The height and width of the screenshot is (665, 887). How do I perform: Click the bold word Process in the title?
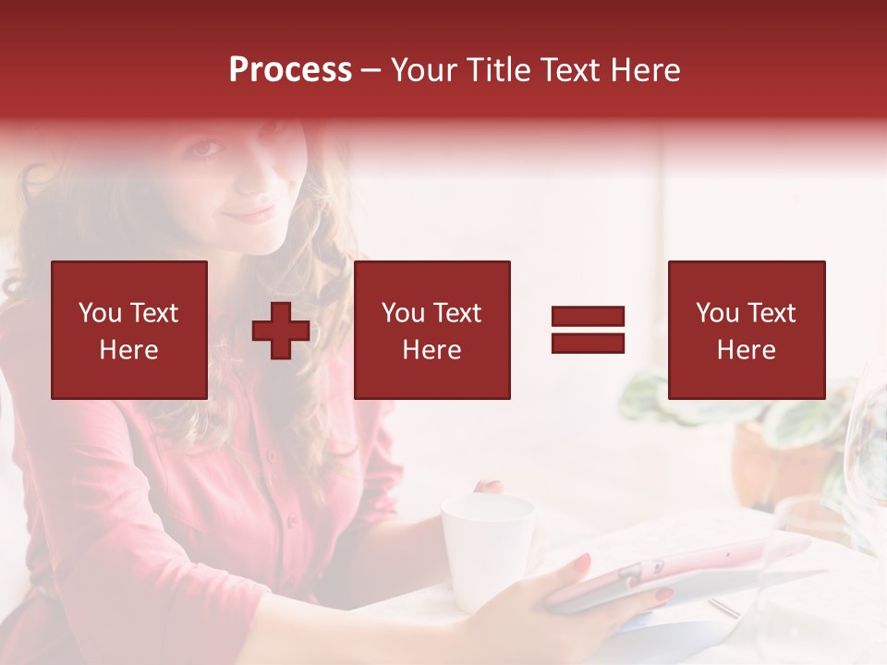click(290, 70)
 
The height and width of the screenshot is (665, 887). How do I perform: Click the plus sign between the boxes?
click(281, 331)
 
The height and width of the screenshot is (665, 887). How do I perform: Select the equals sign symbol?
click(588, 330)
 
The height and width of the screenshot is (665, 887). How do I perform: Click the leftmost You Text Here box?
click(129, 330)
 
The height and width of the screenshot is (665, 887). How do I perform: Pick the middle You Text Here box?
click(431, 330)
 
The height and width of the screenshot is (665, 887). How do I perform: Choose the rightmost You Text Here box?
click(746, 330)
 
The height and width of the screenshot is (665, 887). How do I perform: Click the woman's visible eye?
click(209, 148)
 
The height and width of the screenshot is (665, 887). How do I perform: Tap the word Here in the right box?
click(746, 350)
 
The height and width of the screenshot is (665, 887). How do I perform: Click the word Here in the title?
click(644, 70)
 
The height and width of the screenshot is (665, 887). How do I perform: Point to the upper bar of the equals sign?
click(588, 317)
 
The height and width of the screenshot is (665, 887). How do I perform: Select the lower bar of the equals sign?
click(588, 343)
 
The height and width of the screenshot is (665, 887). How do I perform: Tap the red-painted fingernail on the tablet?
click(582, 561)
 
